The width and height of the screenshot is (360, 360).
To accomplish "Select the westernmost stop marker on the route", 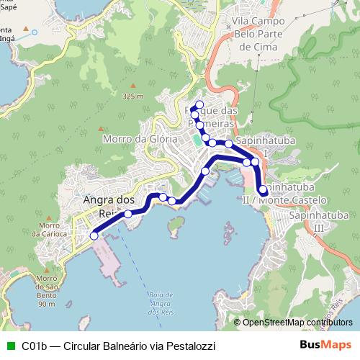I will click(94, 235).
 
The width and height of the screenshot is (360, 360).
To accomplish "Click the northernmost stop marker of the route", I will click(199, 105).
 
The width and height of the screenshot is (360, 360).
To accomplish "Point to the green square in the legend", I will click(9, 346).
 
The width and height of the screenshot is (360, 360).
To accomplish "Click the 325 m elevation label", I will click(133, 96).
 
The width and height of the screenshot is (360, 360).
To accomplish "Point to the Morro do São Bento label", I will click(47, 292).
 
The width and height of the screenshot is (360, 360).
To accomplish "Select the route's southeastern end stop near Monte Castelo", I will click(263, 191).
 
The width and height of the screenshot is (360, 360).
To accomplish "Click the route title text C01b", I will click(34, 346).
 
